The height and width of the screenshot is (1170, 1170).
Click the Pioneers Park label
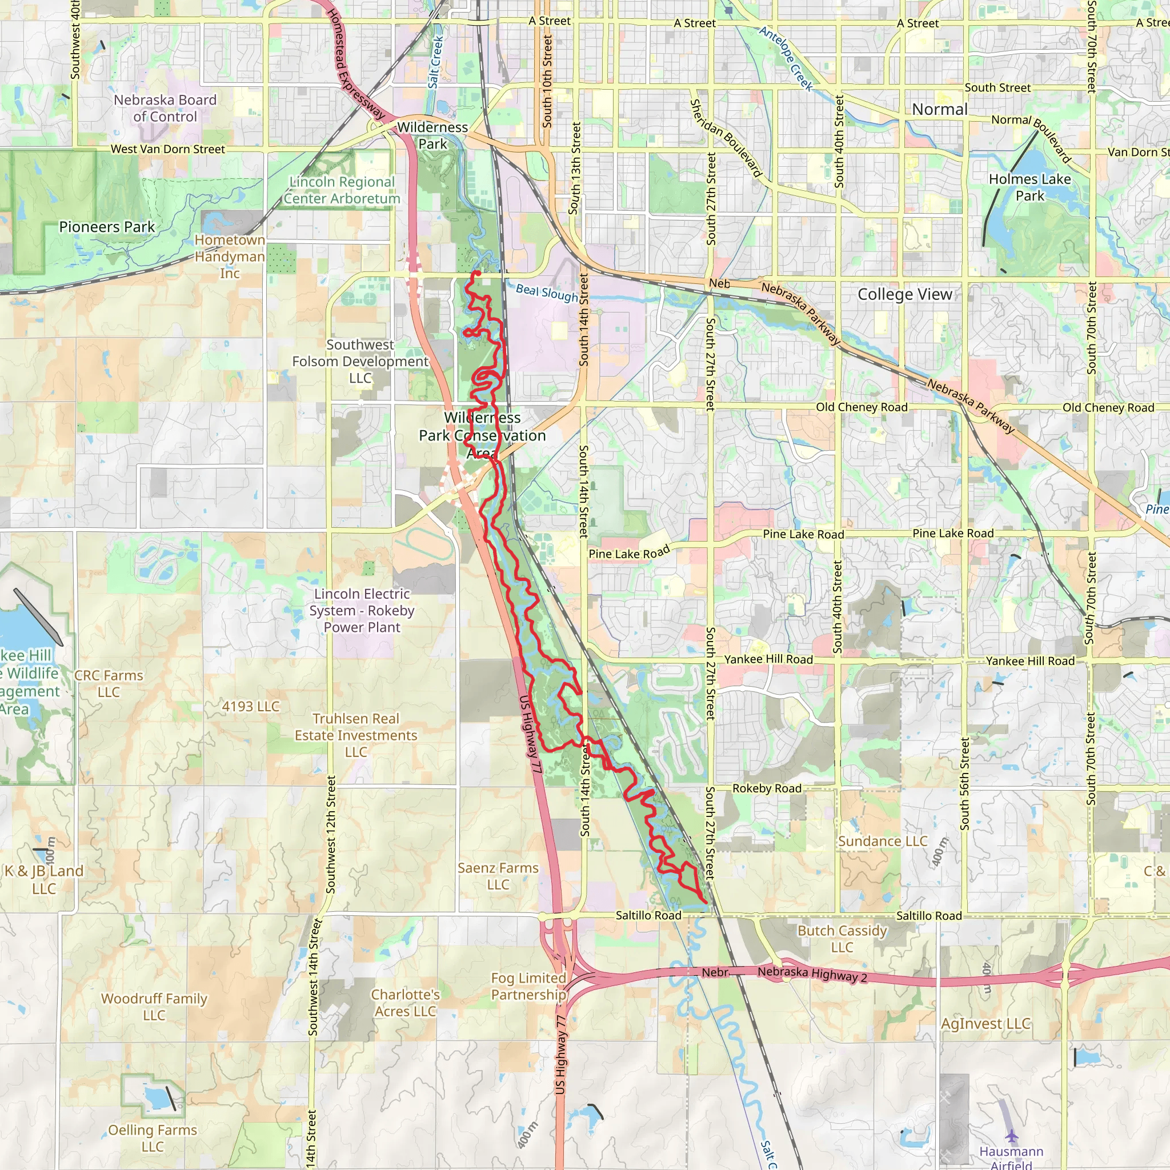[107, 227]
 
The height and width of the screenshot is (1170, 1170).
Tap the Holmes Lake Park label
[1029, 188]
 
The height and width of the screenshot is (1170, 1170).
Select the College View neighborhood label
[905, 294]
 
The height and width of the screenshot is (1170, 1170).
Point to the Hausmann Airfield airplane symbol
[1011, 1136]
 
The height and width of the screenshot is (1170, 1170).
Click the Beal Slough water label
[547, 293]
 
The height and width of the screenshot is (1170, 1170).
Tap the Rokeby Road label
[767, 788]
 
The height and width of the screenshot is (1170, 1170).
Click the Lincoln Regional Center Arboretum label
[342, 190]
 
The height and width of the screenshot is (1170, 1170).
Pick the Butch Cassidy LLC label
[842, 939]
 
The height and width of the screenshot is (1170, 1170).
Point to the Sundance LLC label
[882, 841]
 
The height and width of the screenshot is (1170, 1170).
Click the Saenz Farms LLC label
[498, 876]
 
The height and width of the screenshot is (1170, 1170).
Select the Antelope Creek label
[786, 58]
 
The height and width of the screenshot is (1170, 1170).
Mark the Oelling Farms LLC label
[153, 1138]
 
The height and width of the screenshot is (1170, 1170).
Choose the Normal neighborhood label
[939, 110]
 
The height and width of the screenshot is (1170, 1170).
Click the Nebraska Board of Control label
[165, 109]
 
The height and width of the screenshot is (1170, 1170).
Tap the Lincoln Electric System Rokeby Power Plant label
[362, 611]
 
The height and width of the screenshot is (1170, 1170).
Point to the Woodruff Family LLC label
[154, 1007]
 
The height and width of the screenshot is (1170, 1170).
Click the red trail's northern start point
[476, 273]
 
